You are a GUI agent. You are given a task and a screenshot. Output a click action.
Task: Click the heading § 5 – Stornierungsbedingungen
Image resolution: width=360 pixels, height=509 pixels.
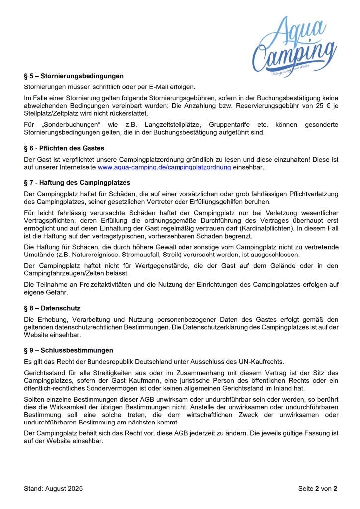click(x=74, y=76)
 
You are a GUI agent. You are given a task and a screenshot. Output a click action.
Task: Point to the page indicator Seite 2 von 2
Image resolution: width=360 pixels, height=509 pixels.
click(x=318, y=488)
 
